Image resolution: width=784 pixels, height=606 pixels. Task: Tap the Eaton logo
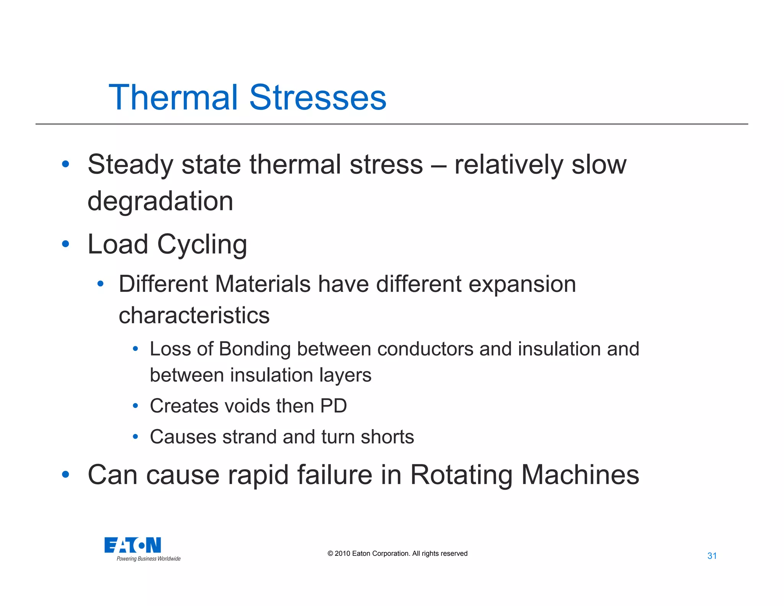click(132, 545)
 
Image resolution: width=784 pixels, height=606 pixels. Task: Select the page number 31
click(712, 556)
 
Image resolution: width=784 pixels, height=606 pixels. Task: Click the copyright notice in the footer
click(397, 554)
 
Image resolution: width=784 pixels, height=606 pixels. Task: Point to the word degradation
click(160, 201)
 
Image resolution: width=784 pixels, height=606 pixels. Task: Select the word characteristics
click(194, 315)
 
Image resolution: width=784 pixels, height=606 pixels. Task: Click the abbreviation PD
click(333, 406)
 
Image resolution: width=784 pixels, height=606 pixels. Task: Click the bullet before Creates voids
click(135, 406)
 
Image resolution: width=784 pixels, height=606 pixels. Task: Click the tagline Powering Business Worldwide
click(149, 559)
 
